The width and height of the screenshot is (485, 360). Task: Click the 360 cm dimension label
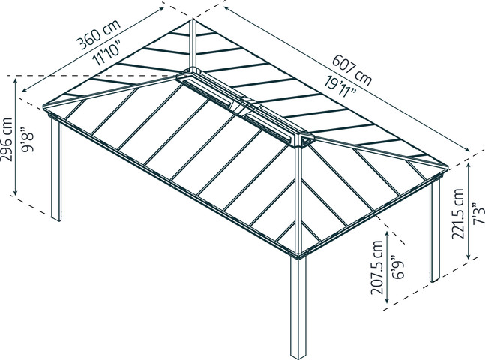point(98,34)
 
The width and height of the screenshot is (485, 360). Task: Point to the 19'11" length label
point(340,87)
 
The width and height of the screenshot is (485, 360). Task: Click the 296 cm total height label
point(7,139)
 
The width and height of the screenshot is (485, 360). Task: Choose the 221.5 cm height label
point(458,214)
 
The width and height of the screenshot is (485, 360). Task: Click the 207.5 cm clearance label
point(377,267)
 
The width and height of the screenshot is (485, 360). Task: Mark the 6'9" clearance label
point(398,267)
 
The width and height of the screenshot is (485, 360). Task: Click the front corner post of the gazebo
point(298,307)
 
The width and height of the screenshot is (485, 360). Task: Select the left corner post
point(56,169)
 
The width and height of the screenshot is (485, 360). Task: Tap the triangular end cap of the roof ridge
point(307,140)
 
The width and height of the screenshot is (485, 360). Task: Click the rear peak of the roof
point(193,20)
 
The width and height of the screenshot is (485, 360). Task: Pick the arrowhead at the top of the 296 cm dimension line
point(16,81)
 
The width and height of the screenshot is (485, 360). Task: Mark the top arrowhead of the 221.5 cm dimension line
point(469,166)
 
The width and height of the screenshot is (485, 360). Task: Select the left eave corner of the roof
point(44,106)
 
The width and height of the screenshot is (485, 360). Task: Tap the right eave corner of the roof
point(447,166)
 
